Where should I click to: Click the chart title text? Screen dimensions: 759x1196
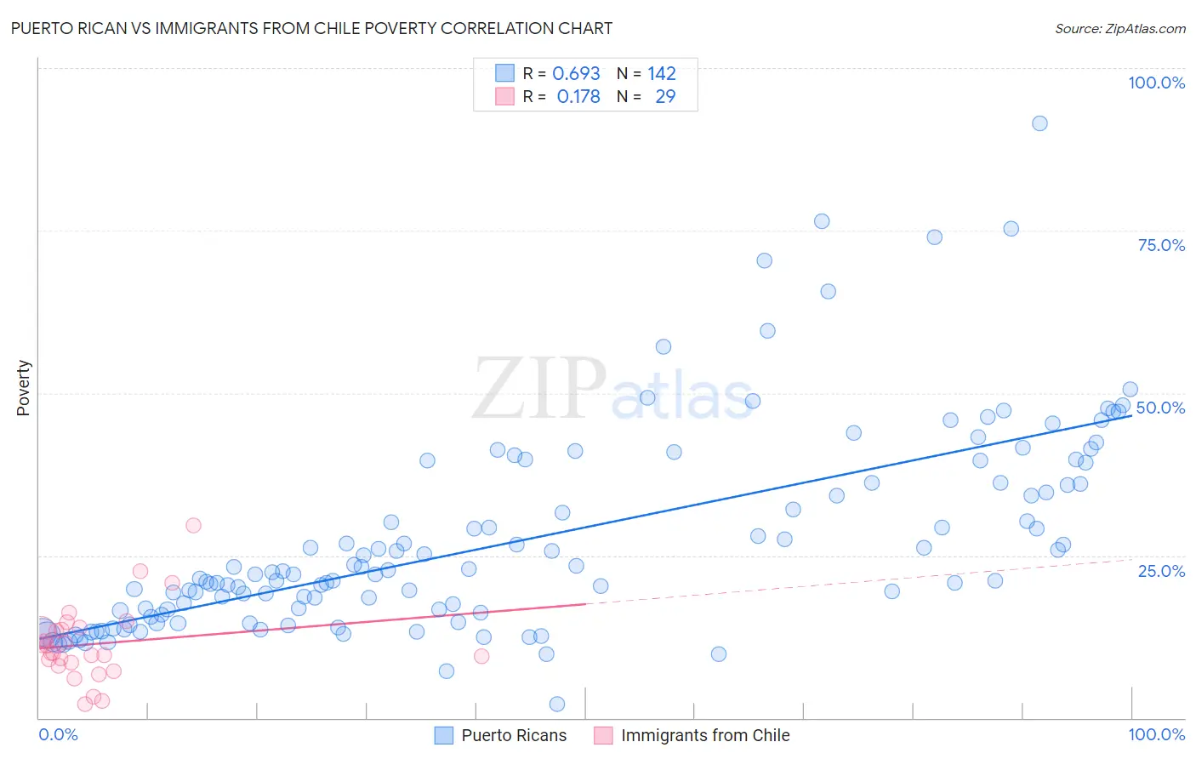click(310, 28)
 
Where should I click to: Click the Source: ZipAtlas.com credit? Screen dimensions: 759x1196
click(1119, 28)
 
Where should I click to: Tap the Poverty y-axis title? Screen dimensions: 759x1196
click(23, 387)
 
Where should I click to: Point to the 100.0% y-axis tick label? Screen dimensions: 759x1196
click(1156, 83)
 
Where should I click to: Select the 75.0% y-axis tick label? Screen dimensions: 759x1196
click(1161, 245)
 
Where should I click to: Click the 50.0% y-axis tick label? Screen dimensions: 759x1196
click(1160, 408)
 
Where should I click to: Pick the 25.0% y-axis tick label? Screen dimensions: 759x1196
click(1161, 571)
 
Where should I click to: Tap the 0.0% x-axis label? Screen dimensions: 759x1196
click(58, 734)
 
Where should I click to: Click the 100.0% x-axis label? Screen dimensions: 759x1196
click(1156, 734)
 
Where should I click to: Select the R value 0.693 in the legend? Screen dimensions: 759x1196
click(576, 73)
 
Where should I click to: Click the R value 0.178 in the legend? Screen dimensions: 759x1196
click(578, 97)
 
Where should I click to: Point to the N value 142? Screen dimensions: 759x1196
click(662, 73)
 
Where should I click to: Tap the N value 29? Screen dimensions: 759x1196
click(665, 97)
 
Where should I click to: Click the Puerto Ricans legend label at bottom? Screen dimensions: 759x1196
click(514, 735)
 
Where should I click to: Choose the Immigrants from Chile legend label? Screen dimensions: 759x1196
click(705, 735)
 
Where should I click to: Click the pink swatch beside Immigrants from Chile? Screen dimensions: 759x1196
click(603, 735)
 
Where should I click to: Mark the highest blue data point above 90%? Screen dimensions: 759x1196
click(1039, 123)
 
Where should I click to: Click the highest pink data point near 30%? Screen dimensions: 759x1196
click(193, 525)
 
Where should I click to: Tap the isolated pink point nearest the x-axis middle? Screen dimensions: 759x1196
click(481, 656)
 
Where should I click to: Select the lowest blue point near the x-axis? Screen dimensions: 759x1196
click(557, 704)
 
